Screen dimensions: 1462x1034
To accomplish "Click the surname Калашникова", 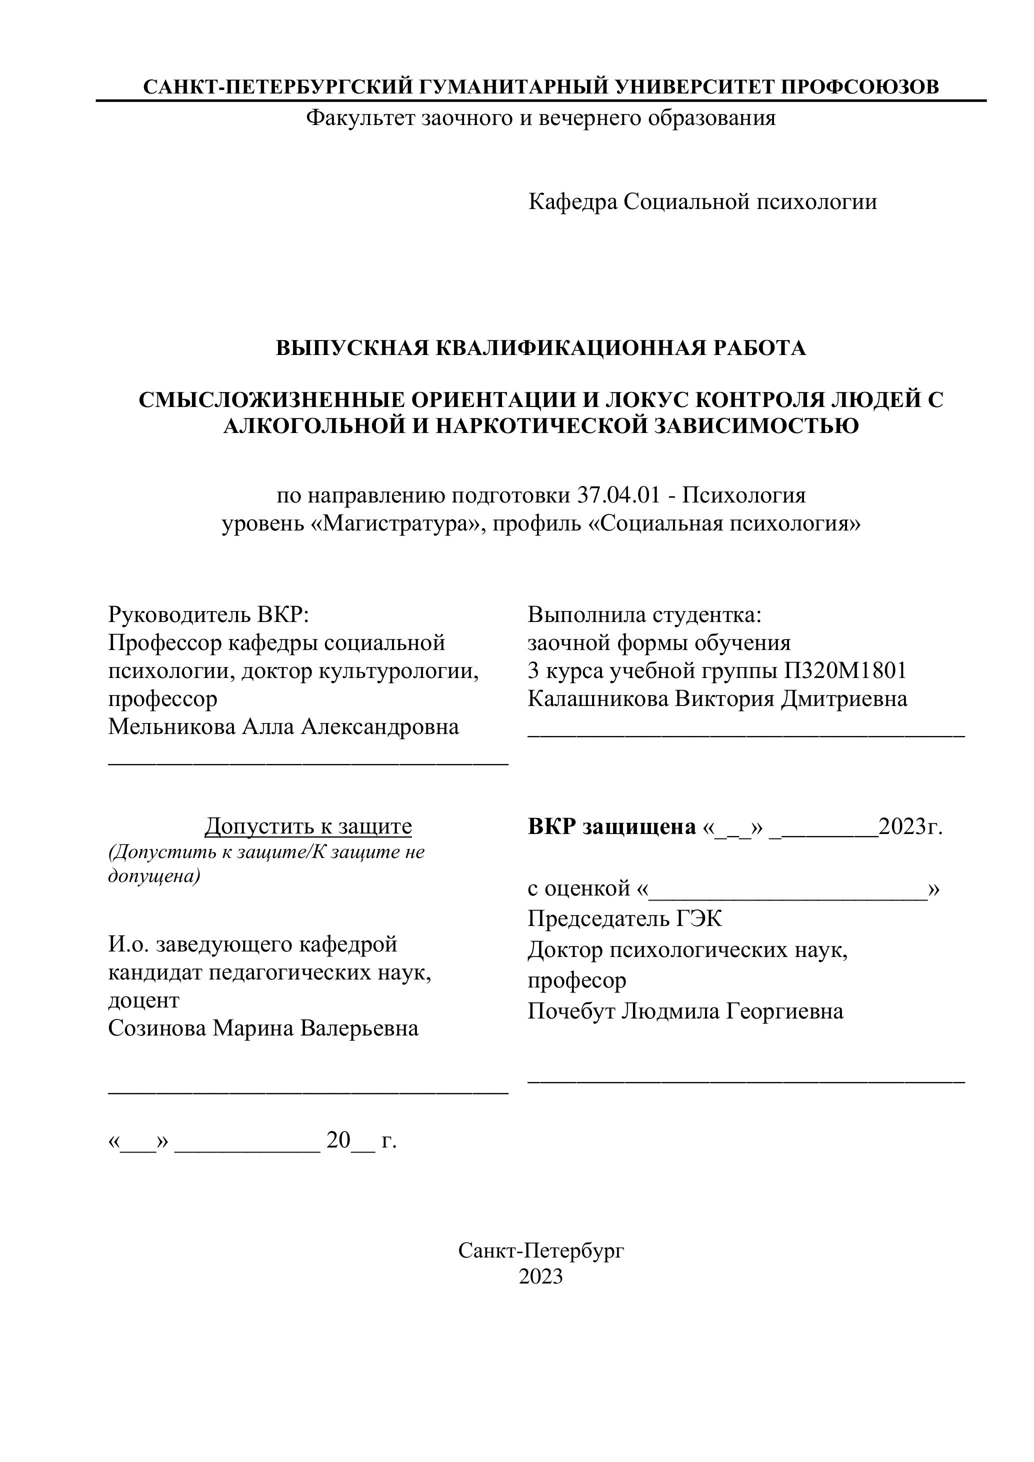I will click(x=597, y=698).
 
